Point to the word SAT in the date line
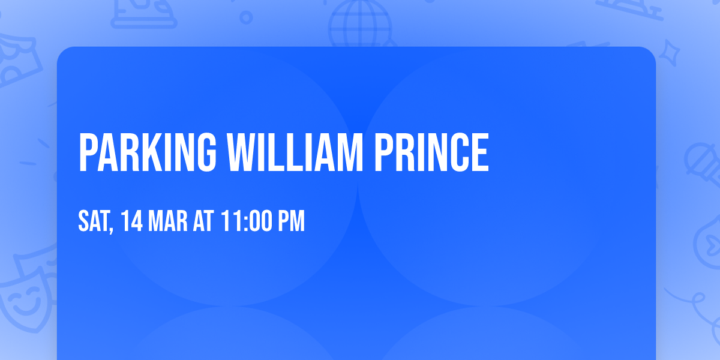coord(93,221)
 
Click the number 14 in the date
coord(131,221)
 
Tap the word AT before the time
coord(203,221)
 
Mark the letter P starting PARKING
coord(88,153)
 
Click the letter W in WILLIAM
coord(245,153)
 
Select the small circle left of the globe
coord(245,18)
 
